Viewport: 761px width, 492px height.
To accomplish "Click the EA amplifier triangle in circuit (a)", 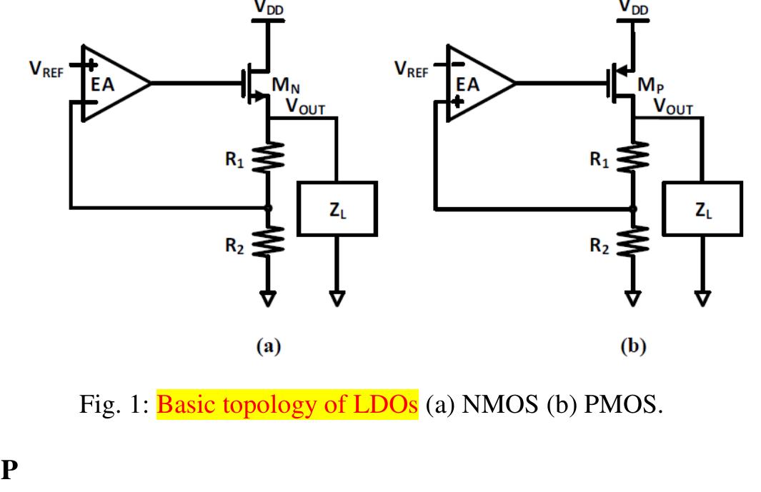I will [111, 84].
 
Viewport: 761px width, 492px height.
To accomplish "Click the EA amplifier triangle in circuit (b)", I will [475, 84].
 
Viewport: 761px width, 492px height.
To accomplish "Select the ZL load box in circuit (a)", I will [337, 209].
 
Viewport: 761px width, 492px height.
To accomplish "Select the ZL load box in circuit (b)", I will [702, 209].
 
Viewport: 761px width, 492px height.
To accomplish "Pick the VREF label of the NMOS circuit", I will [45, 69].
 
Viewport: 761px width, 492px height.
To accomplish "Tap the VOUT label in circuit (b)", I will [672, 107].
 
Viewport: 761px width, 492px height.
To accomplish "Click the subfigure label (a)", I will [269, 347].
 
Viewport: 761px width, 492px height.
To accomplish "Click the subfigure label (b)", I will [633, 347].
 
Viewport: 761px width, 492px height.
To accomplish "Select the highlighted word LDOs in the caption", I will [389, 405].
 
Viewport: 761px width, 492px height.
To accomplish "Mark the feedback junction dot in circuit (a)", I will [268, 208].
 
